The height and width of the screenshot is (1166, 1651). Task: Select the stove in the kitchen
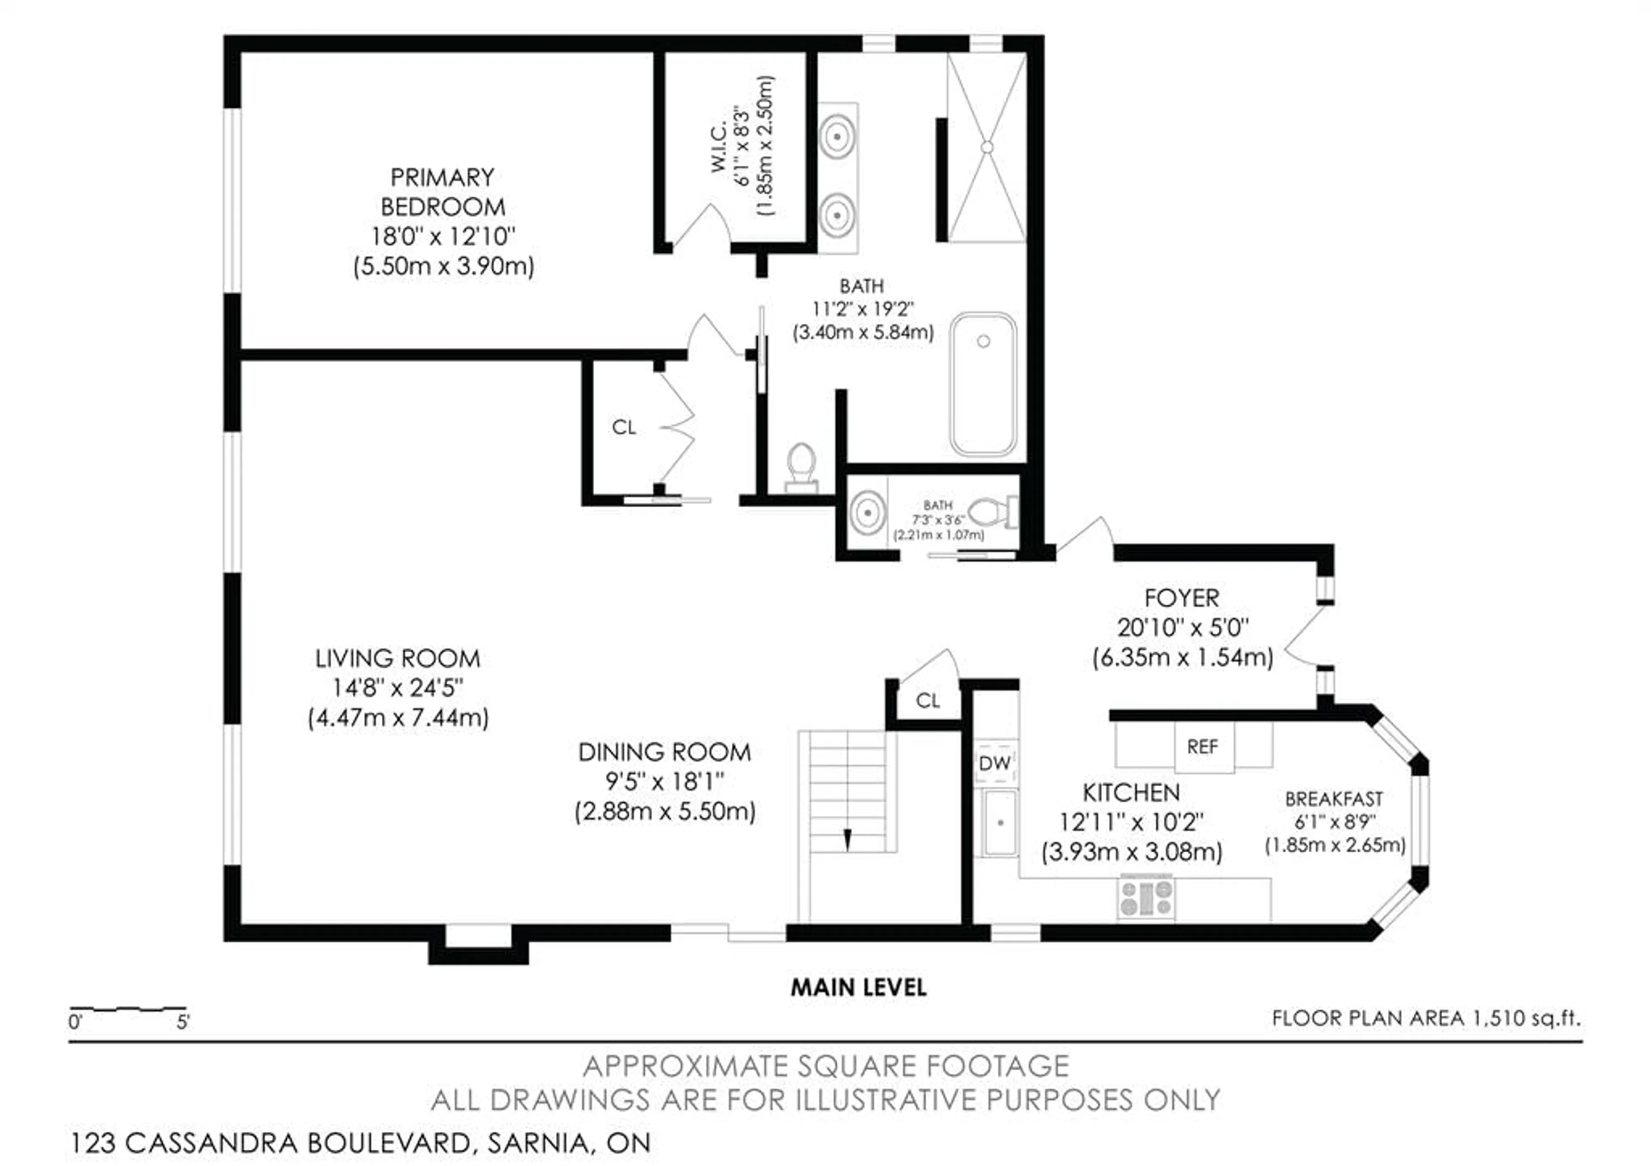point(1146,898)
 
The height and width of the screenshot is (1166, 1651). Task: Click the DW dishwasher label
point(995,763)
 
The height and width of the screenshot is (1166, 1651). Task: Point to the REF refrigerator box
point(1203,748)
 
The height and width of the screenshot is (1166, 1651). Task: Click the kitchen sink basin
point(1000,822)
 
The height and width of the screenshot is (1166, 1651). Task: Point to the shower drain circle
point(987,147)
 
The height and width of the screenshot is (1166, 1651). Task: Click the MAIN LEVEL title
point(859,988)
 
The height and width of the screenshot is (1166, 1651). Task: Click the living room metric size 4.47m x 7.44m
point(399,718)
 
